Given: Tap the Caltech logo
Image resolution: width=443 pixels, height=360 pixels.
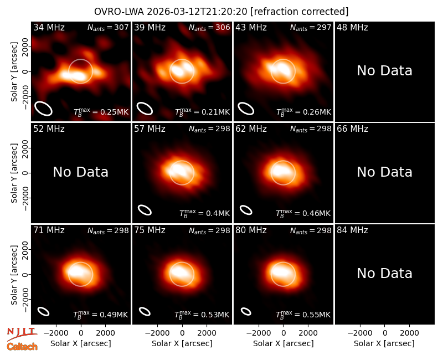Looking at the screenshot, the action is pos(22,347).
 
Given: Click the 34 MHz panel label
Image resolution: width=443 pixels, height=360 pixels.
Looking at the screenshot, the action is pos(49,27).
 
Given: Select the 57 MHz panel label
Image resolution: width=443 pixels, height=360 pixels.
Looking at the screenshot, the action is pos(150,129).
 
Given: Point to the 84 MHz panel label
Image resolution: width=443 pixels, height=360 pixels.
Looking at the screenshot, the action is pos(352,230).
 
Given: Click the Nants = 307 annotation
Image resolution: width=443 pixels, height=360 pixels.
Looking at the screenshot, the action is pos(108,28).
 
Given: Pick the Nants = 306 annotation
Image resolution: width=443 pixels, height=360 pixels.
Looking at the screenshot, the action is pos(209,28).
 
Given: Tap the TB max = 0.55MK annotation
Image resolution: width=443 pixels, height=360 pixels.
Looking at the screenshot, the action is pos(303,315).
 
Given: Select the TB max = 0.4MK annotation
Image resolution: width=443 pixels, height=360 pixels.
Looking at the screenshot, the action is pos(204,213).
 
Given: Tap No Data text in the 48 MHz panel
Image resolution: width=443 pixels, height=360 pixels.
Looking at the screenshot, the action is pos(384,71).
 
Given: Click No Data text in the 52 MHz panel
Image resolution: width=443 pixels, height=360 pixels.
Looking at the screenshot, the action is pos(80,172).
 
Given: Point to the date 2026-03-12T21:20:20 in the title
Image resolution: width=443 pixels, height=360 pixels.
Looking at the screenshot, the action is pos(197,12).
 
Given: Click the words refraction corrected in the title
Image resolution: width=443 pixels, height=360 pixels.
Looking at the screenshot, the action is pos(300,12).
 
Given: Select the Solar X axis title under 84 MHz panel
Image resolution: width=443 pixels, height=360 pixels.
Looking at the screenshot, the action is pos(384,343).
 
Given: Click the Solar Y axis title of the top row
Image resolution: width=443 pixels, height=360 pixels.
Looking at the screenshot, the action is pos(14,72).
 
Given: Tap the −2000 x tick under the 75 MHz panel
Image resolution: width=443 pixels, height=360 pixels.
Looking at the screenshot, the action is pos(157,333).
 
